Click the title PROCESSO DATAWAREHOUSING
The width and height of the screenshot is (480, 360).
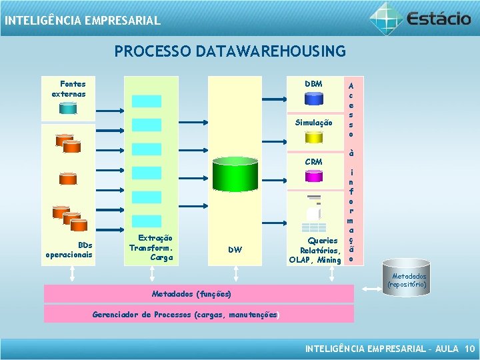pos(230,51)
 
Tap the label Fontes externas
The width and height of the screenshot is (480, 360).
pos(69,89)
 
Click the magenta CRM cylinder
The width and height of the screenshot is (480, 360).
pos(313,176)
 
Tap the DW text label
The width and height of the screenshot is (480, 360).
pos(235,250)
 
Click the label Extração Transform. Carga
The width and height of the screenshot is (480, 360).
pos(152,247)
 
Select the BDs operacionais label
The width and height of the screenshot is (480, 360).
pos(69,249)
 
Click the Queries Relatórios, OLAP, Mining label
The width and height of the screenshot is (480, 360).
pos(315,250)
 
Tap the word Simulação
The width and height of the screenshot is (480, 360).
pos(313,123)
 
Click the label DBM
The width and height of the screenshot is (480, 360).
pos(313,84)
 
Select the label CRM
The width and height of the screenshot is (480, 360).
pos(313,162)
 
